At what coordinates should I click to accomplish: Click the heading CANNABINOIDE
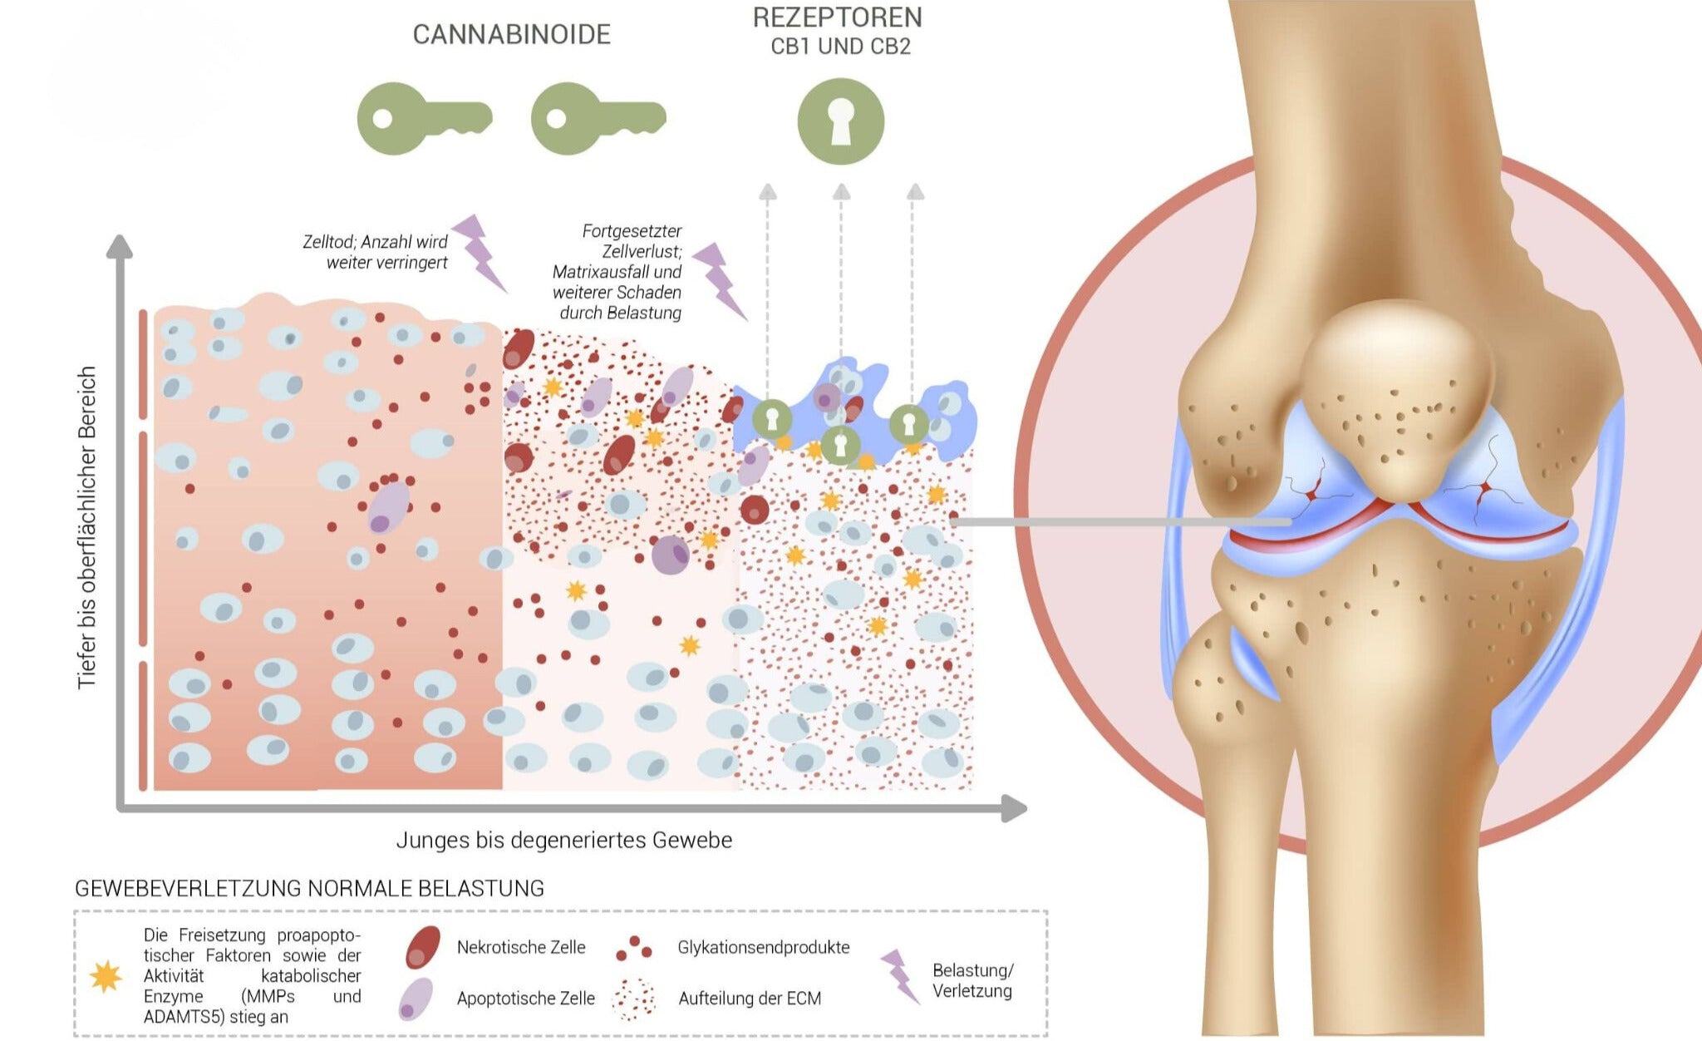click(x=511, y=34)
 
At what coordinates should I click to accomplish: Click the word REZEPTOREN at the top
click(x=838, y=17)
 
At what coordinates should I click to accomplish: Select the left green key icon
click(x=425, y=118)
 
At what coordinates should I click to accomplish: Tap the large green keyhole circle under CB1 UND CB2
click(x=841, y=121)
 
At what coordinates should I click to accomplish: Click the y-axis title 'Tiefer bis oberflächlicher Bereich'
click(x=87, y=527)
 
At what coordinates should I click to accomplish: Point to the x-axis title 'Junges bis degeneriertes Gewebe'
click(x=564, y=840)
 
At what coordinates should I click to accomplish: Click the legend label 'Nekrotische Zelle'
click(x=521, y=947)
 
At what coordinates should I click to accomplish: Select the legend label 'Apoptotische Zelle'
click(x=526, y=998)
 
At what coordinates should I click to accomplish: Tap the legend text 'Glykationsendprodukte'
click(x=764, y=947)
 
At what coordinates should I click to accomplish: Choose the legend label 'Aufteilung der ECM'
click(x=750, y=998)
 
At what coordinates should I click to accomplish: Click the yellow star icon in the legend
click(x=106, y=977)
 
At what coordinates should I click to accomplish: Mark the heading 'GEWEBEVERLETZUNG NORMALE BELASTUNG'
click(x=309, y=888)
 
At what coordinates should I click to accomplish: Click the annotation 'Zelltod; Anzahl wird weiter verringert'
click(x=375, y=252)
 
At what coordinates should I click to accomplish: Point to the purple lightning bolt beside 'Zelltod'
click(x=479, y=253)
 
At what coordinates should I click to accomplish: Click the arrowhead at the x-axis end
click(x=1014, y=808)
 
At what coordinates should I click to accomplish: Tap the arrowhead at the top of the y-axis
click(x=120, y=246)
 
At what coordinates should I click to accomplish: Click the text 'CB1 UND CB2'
click(x=840, y=47)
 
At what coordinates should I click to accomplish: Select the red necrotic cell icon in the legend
click(x=422, y=947)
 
